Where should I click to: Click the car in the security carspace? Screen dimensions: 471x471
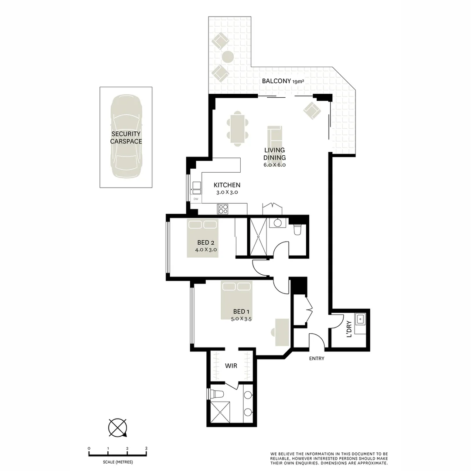pyautogui.click(x=126, y=137)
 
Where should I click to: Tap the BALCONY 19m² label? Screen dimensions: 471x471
pyautogui.click(x=282, y=81)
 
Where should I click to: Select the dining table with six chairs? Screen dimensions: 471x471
pyautogui.click(x=238, y=129)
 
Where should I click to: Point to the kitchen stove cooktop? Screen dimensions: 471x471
pyautogui.click(x=223, y=209)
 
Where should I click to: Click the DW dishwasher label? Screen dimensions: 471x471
pyautogui.click(x=196, y=199)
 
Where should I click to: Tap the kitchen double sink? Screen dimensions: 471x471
pyautogui.click(x=196, y=188)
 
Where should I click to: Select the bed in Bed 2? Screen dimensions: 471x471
pyautogui.click(x=202, y=238)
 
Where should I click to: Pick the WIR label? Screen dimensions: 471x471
pyautogui.click(x=231, y=365)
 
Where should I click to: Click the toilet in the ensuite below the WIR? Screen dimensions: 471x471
pyautogui.click(x=217, y=394)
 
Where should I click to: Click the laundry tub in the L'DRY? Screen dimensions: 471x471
pyautogui.click(x=361, y=319)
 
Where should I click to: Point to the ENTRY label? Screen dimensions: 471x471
pyautogui.click(x=316, y=358)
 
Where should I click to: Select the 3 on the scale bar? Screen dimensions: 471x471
pyautogui.click(x=147, y=448)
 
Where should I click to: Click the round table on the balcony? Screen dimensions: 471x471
pyautogui.click(x=228, y=57)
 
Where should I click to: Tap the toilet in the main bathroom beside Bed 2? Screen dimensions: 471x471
pyautogui.click(x=297, y=229)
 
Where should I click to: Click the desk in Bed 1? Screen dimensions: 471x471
pyautogui.click(x=281, y=332)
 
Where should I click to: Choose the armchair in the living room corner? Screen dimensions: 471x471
pyautogui.click(x=312, y=110)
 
